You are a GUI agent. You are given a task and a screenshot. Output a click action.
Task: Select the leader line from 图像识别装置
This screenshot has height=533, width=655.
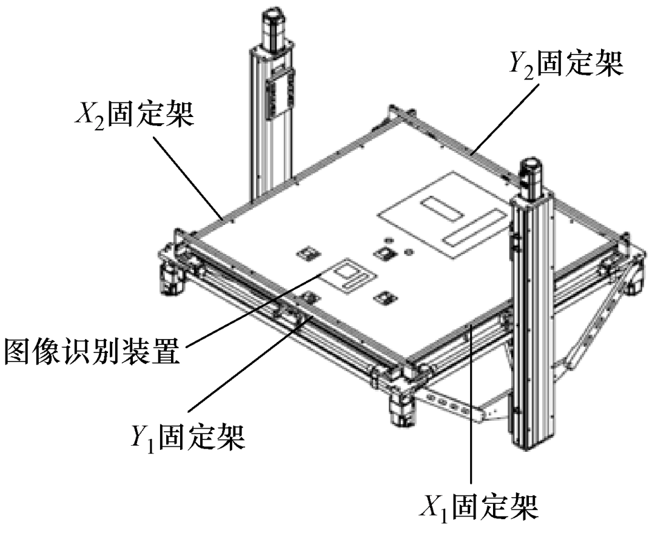255,309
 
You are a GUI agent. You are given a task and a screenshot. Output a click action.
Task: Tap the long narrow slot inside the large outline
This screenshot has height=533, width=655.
474,228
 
